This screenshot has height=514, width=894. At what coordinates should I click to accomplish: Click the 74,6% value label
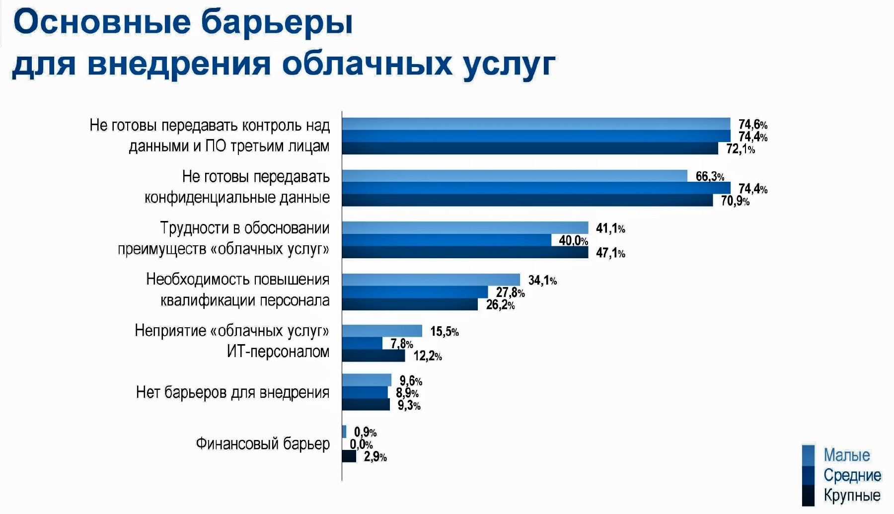(752, 124)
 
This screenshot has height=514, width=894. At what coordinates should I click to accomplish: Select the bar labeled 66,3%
(514, 176)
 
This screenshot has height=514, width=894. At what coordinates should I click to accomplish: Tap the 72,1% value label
(740, 148)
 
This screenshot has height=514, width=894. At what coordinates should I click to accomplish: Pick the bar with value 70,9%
(527, 200)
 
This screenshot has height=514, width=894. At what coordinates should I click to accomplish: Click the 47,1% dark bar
(465, 252)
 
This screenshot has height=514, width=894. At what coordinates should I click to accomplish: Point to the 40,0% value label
(573, 240)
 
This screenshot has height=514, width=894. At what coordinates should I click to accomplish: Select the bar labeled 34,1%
(431, 280)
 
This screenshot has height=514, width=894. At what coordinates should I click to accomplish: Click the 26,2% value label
(500, 304)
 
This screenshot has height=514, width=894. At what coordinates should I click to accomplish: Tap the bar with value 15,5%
(382, 331)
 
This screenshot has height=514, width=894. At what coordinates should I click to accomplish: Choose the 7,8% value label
(401, 343)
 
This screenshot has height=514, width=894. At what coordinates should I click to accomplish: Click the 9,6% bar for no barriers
(367, 380)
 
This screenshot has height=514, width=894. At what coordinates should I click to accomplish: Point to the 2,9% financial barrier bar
(349, 456)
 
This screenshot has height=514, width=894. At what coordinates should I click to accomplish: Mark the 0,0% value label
(361, 444)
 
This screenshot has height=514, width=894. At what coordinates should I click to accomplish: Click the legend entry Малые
(846, 455)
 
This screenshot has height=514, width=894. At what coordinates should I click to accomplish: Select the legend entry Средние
(852, 475)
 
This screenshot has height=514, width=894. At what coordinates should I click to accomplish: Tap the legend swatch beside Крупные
(808, 495)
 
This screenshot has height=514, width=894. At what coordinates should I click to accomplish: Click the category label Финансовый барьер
(262, 443)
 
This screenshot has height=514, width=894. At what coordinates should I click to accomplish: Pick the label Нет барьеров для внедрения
(232, 392)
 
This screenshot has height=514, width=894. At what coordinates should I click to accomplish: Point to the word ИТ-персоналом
(278, 352)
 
